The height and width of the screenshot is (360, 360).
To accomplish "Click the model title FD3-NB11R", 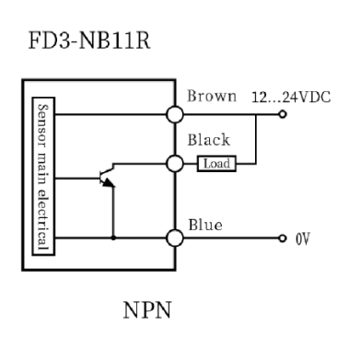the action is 89,40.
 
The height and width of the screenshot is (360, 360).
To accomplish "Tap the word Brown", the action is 212,96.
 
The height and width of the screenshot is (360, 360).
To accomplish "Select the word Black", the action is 209,140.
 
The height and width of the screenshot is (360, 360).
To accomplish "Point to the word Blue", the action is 205,225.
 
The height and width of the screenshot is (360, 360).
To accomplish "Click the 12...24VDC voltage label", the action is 291,98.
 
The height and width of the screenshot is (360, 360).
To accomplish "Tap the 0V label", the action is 303,238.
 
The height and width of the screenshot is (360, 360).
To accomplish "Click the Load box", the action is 216,164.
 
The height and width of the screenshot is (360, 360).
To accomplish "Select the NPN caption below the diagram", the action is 147,310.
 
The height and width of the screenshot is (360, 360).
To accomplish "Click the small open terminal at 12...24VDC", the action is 283,114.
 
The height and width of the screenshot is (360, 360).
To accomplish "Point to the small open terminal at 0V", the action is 283,238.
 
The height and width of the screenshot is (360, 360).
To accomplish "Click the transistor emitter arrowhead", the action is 109,183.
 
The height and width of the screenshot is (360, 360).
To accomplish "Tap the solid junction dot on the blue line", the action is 113,238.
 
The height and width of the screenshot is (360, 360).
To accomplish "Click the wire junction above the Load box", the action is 256,114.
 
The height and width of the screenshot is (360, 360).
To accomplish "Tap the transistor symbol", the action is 107,176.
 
